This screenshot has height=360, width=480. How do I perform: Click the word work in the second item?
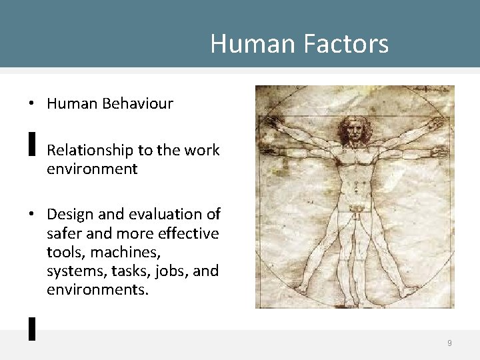(201, 150)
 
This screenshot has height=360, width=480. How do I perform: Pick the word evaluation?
(158, 214)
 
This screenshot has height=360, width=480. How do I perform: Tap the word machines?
(119, 253)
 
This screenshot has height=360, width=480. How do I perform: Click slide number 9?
(449, 343)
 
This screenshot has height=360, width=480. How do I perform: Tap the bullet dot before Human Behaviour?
(31, 104)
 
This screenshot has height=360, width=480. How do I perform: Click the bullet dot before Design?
(31, 215)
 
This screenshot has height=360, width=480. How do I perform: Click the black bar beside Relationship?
(31, 143)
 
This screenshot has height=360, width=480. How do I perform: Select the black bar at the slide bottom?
(31, 329)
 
